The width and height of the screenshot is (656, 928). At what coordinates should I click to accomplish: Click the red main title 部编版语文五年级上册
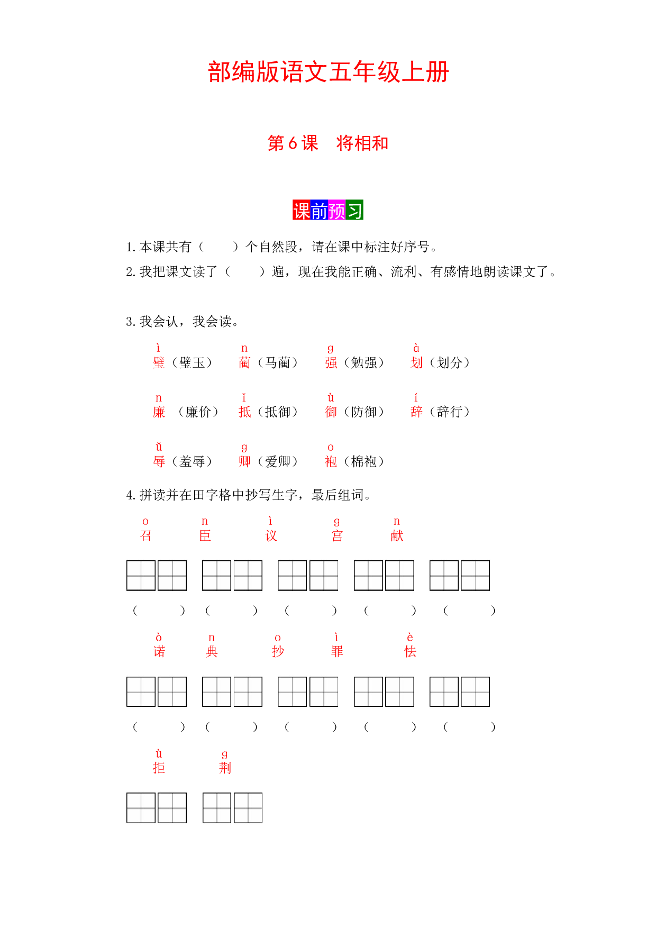(328, 72)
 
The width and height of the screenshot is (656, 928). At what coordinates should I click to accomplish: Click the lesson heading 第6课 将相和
(328, 143)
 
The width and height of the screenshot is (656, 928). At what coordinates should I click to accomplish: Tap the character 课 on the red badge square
(302, 210)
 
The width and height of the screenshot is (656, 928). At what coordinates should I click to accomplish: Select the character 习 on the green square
(354, 210)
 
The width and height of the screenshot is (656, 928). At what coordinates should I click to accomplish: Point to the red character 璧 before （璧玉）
(159, 362)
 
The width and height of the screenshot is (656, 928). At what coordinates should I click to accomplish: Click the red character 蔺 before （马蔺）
(244, 362)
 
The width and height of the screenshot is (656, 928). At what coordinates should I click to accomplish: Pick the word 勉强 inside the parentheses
(364, 362)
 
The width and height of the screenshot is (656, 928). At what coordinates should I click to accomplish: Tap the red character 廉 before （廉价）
(159, 412)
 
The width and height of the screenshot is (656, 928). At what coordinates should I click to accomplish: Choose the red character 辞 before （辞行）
(416, 412)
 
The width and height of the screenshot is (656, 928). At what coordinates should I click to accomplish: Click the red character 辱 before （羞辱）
(159, 461)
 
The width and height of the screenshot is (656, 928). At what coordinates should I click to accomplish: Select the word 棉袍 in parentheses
(364, 461)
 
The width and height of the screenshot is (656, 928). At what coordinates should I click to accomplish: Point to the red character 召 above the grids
(145, 535)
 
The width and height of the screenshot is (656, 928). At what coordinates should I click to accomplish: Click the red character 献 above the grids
(397, 535)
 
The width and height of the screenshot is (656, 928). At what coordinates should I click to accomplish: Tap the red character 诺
(159, 651)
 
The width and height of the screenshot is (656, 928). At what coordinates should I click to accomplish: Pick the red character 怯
(410, 651)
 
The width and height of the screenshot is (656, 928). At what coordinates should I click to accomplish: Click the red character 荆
(225, 768)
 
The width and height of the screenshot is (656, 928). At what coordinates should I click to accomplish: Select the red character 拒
(159, 768)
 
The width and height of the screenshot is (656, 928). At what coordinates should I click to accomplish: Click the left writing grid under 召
(141, 576)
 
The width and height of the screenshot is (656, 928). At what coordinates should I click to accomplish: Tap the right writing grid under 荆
(248, 808)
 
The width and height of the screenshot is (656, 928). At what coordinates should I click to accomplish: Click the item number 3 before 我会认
(130, 322)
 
